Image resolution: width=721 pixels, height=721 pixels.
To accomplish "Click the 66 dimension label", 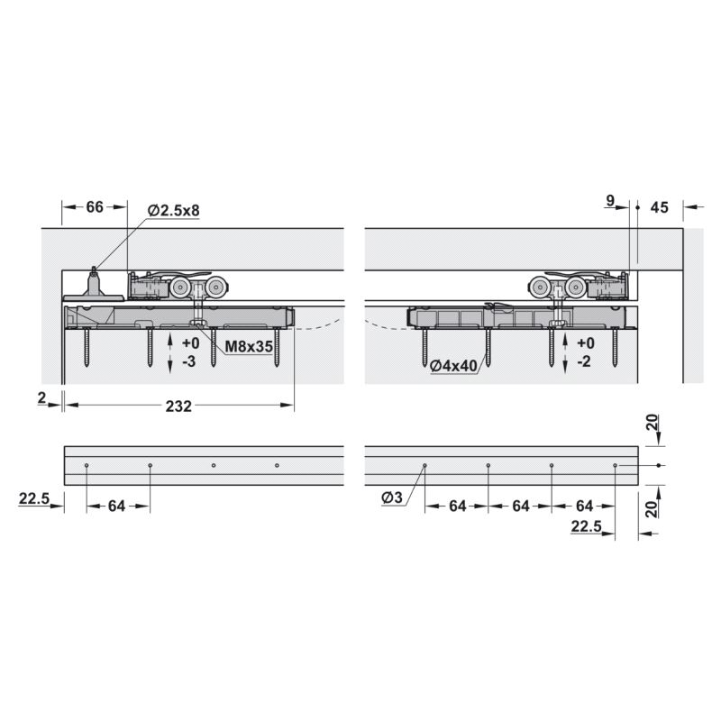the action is click(95, 207).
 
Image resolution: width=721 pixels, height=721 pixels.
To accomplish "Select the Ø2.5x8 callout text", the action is click(174, 211).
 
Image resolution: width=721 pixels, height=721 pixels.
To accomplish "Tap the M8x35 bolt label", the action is click(249, 346).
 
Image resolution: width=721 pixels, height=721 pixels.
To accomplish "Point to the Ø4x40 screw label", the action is click(453, 366).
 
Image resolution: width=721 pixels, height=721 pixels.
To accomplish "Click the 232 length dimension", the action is click(178, 406).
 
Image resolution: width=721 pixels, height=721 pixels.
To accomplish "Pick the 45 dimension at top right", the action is click(659, 207).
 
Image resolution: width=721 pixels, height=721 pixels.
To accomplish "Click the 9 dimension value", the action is click(610, 200).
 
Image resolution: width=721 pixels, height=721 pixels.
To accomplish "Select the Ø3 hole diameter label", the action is click(392, 497).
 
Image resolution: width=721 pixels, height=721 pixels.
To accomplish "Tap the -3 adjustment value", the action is click(189, 361).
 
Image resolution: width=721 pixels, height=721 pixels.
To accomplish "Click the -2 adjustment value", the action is click(583, 361).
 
